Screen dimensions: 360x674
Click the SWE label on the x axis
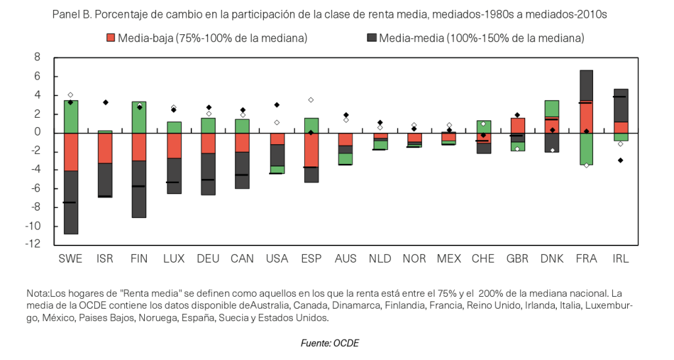point(70,259)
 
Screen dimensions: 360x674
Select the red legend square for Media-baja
point(111,38)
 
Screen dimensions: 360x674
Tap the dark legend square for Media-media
point(372,38)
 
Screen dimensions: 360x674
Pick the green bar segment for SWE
point(70,116)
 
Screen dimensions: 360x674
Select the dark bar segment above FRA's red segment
point(586,86)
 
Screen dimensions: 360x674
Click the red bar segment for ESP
point(311,150)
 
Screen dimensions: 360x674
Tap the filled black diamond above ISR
point(105,102)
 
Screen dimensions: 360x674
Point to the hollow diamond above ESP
point(311,100)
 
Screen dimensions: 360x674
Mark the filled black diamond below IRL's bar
point(621,160)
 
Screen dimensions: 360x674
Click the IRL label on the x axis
point(620,259)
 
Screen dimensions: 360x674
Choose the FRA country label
point(586,259)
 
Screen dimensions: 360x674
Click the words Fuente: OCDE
point(330,344)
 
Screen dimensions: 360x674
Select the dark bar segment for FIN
point(140,189)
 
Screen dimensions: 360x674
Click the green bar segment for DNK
point(552,109)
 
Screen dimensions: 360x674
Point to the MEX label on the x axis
point(449,259)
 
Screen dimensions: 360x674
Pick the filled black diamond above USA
point(277,105)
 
